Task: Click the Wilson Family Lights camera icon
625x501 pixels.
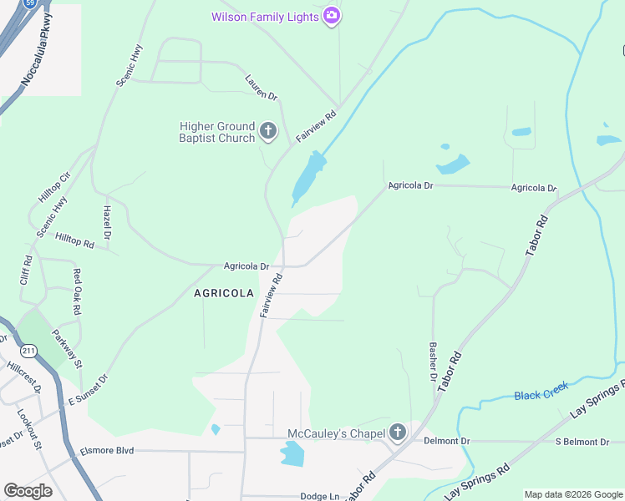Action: (x=332, y=17)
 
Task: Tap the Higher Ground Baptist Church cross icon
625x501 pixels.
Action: (x=268, y=130)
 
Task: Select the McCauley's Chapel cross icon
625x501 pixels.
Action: (x=398, y=433)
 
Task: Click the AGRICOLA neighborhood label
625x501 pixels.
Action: (x=224, y=293)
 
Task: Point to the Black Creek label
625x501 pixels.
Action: (x=541, y=390)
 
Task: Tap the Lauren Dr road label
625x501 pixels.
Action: (x=261, y=88)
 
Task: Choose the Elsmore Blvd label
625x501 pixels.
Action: (x=107, y=451)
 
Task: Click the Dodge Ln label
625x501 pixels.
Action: (x=320, y=496)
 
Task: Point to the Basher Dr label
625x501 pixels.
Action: (x=433, y=362)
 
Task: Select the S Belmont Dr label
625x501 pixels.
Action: (x=589, y=441)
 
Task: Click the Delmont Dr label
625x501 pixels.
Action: (x=447, y=441)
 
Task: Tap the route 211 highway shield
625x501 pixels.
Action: (x=29, y=350)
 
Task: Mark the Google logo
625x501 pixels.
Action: (x=28, y=491)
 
